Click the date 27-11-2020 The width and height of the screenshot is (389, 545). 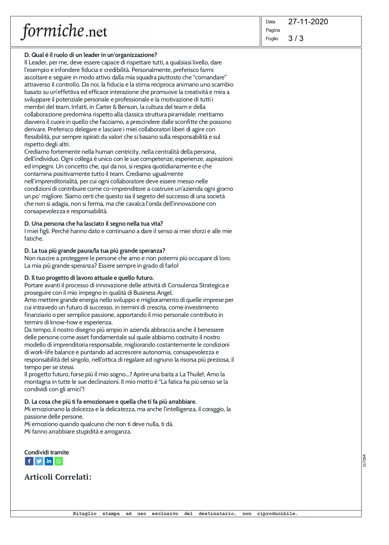pyautogui.click(x=308, y=22)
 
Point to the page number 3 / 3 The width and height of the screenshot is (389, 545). pyautogui.click(x=295, y=39)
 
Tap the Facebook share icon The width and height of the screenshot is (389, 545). pyautogui.click(x=29, y=461)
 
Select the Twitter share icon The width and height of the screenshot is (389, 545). pyautogui.click(x=39, y=461)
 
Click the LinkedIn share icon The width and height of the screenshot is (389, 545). pyautogui.click(x=49, y=461)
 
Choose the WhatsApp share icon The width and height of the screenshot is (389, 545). pyautogui.click(x=59, y=461)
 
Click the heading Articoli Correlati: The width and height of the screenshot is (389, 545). pyautogui.click(x=58, y=477)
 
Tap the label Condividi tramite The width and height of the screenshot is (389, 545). pyautogui.click(x=46, y=452)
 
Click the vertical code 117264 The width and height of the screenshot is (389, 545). pyautogui.click(x=364, y=461)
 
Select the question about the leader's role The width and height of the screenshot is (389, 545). pyautogui.click(x=90, y=55)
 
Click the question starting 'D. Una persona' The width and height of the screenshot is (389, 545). pyautogui.click(x=94, y=223)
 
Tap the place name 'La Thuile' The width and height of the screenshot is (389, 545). pyautogui.click(x=192, y=374)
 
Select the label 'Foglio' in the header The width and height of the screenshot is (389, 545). pyautogui.click(x=272, y=39)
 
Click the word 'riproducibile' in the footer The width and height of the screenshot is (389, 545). pyautogui.click(x=277, y=514)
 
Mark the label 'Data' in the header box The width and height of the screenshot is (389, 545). pyautogui.click(x=270, y=22)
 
